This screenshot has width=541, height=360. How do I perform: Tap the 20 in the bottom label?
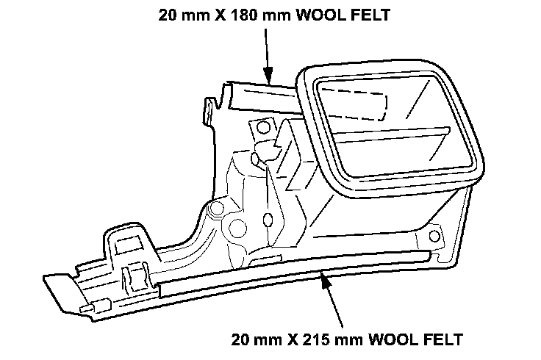[x=239, y=340]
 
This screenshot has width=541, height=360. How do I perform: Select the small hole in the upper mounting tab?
[x=258, y=128]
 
